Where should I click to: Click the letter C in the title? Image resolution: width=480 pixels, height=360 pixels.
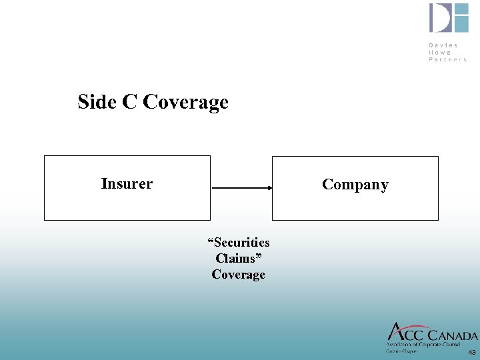point(129,102)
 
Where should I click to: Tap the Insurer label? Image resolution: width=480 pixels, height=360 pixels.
point(127,183)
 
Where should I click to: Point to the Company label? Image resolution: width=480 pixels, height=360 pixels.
point(355,185)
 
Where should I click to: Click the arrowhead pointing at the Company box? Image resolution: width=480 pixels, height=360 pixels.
point(269,189)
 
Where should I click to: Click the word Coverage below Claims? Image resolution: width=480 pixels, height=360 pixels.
point(238,274)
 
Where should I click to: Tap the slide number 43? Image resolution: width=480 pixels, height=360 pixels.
point(472,352)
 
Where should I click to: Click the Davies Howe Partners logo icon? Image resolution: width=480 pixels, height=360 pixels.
point(449,18)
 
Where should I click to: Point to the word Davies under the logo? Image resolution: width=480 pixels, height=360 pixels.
point(443,45)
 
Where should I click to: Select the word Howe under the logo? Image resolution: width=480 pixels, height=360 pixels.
point(440,52)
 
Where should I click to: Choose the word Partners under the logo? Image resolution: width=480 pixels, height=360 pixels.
point(447,59)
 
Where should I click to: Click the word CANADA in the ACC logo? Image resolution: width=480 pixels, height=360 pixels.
point(450,335)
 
